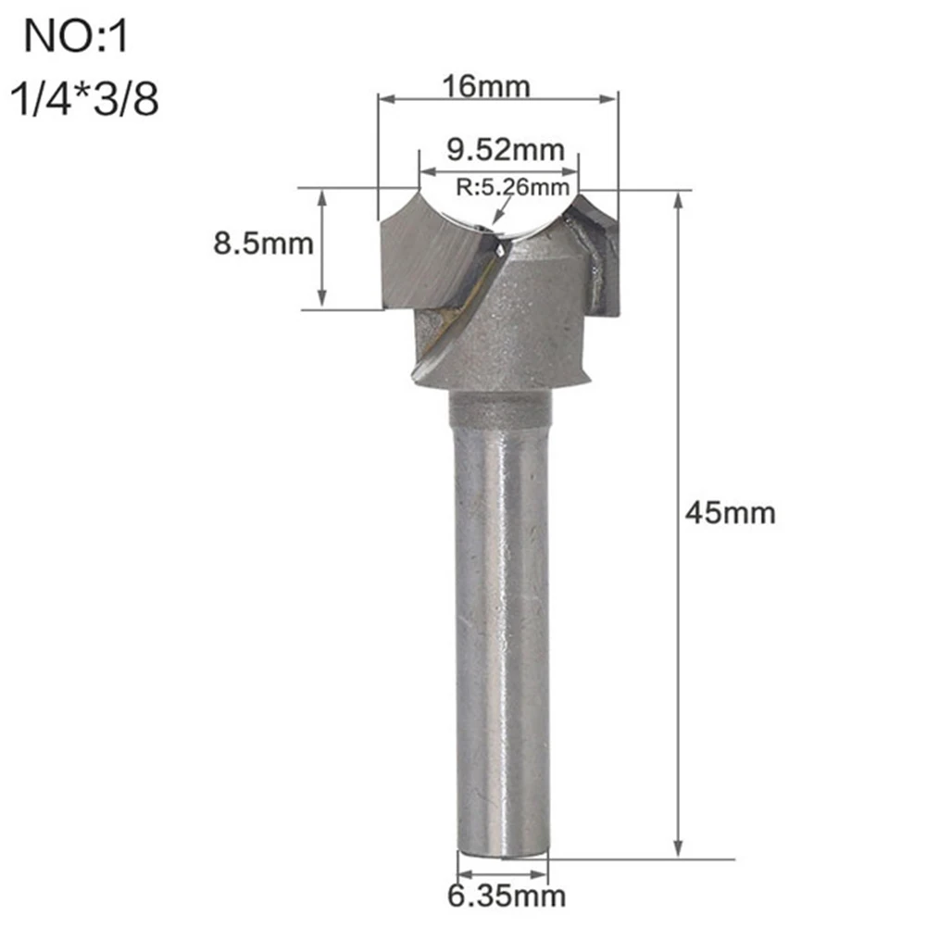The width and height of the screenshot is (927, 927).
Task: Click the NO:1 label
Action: pyautogui.click(x=79, y=40)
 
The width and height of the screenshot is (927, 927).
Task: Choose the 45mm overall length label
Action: pyautogui.click(x=729, y=512)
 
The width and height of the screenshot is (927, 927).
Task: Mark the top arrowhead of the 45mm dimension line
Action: pyautogui.click(x=679, y=198)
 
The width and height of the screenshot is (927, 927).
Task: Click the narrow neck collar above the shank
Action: pyautogui.click(x=500, y=407)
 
